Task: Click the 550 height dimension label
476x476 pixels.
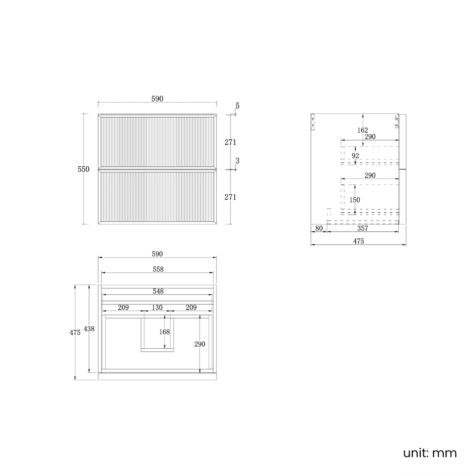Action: [83, 169]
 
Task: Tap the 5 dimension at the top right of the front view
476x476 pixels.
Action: [237, 106]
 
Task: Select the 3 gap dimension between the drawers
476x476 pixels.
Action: [237, 161]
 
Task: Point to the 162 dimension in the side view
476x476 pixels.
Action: [363, 130]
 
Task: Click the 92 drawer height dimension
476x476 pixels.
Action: [355, 156]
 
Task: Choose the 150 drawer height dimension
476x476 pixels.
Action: [355, 200]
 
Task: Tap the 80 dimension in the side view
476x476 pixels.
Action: [319, 228]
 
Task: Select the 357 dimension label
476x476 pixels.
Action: [363, 228]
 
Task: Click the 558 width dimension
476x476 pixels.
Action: [158, 269]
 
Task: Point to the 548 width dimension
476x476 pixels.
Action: [158, 291]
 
